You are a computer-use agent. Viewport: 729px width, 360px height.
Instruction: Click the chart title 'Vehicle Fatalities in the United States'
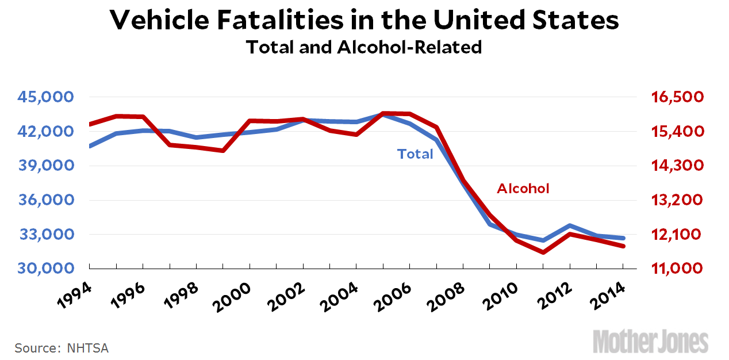[x=364, y=21]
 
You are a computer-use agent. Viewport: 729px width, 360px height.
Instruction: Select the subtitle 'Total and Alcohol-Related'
[x=364, y=47]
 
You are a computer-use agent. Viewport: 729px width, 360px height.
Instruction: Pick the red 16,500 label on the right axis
[x=677, y=97]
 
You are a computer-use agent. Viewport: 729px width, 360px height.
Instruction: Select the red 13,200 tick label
[x=677, y=200]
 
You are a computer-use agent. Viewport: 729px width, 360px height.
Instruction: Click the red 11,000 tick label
[x=677, y=269]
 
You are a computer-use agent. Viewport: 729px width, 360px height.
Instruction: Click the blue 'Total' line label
[x=415, y=154]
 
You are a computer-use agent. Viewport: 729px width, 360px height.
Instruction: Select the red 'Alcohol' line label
[x=523, y=189]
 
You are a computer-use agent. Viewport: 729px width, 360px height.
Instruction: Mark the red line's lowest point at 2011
[x=543, y=252]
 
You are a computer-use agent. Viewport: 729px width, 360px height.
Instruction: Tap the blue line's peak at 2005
[x=383, y=114]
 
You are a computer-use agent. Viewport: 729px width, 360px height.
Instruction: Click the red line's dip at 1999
[x=222, y=151]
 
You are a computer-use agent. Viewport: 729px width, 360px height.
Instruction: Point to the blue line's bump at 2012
[x=569, y=226]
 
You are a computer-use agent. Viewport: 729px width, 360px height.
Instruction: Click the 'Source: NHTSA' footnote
[x=62, y=348]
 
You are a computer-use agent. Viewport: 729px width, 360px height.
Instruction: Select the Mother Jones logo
[x=651, y=341]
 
